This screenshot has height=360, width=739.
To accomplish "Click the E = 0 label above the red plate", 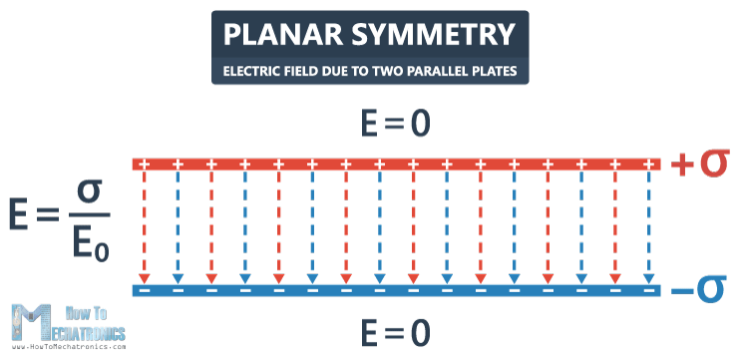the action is click(369, 123).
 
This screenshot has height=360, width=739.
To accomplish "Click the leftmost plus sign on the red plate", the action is click(145, 164).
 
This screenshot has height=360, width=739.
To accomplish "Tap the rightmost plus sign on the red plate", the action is click(650, 164).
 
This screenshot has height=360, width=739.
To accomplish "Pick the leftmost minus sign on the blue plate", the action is click(145, 290).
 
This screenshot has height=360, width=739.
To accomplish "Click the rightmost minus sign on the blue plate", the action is click(650, 290).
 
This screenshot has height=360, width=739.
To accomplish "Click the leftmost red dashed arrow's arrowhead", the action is click(145, 278).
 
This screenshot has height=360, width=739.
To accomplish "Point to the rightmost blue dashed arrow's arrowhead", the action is click(650, 278).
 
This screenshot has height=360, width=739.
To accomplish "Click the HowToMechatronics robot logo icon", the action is click(27, 321).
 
